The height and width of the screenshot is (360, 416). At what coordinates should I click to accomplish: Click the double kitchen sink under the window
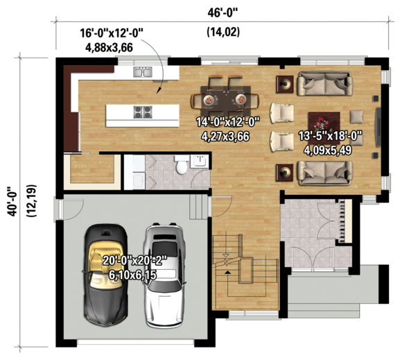click(x=144, y=71)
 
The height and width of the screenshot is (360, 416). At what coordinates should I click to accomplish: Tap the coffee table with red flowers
click(x=322, y=122)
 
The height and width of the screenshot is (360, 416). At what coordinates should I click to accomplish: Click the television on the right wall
click(x=377, y=127)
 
